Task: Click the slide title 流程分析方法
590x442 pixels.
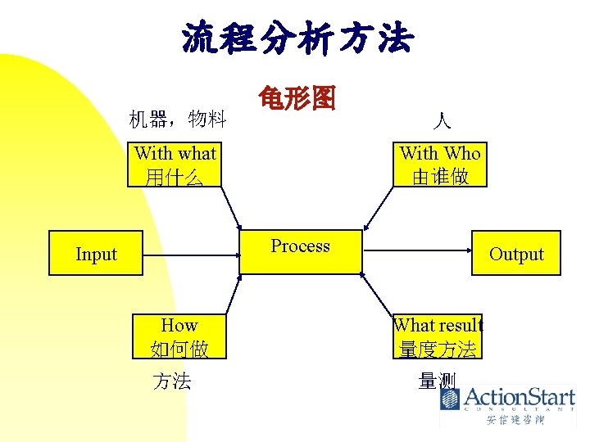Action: pyautogui.click(x=297, y=38)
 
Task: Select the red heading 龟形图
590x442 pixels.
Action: pyautogui.click(x=296, y=99)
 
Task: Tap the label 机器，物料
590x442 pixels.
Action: pyautogui.click(x=178, y=120)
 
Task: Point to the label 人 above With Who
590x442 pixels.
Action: pyautogui.click(x=442, y=123)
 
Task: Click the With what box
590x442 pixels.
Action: pyautogui.click(x=175, y=164)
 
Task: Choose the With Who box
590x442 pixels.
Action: pyautogui.click(x=440, y=164)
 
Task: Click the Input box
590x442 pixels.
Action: pyautogui.click(x=96, y=254)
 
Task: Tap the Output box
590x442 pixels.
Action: pyautogui.click(x=516, y=254)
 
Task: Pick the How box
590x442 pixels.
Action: pyautogui.click(x=179, y=336)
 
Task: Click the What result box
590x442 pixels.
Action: pyautogui.click(x=438, y=336)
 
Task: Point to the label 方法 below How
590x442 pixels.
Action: pyautogui.click(x=172, y=381)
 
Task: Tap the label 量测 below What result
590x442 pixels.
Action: pyautogui.click(x=437, y=381)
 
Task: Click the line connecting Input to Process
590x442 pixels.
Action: pyautogui.click(x=190, y=254)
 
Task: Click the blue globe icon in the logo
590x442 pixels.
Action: pyautogui.click(x=450, y=399)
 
